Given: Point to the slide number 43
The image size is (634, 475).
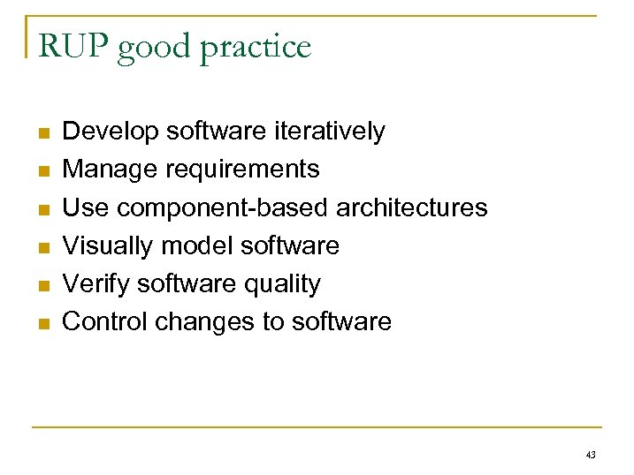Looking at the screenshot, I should click(x=591, y=455).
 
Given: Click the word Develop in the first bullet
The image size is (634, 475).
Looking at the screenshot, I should click(x=111, y=132).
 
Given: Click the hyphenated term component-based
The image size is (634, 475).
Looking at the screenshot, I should click(x=223, y=208).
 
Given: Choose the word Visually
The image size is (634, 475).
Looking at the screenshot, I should click(x=108, y=245).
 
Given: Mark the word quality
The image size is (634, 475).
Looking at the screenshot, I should click(x=285, y=284).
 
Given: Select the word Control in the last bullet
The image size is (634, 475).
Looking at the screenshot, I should click(x=105, y=321).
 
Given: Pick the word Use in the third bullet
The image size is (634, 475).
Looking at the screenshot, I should click(x=86, y=207).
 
